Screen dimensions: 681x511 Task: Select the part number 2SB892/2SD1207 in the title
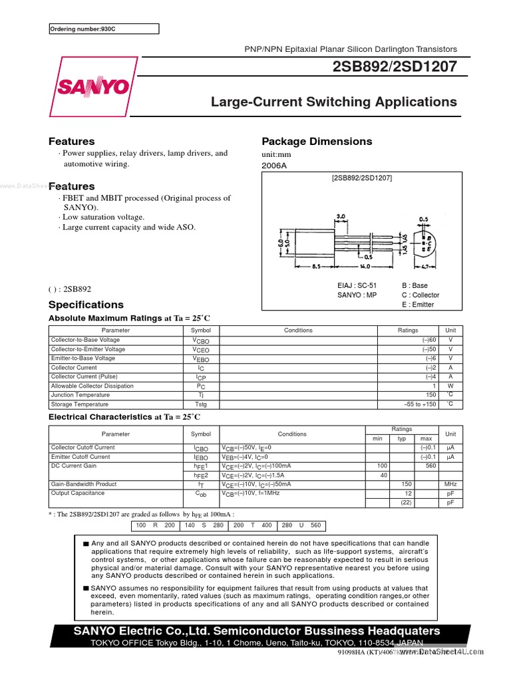click(396, 67)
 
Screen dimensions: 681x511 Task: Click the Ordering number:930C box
click(104, 29)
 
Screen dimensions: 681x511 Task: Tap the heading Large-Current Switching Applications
click(333, 102)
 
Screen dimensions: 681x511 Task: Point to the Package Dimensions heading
click(317, 141)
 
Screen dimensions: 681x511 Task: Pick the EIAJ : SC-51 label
click(357, 285)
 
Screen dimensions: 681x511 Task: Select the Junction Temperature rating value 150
click(430, 395)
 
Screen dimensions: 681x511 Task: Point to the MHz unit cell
click(450, 484)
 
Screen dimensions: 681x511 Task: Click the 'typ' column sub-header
click(401, 439)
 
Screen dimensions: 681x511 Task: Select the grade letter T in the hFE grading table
click(253, 525)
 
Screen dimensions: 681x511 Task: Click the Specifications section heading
click(86, 305)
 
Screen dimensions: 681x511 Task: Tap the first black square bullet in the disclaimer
click(85, 544)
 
